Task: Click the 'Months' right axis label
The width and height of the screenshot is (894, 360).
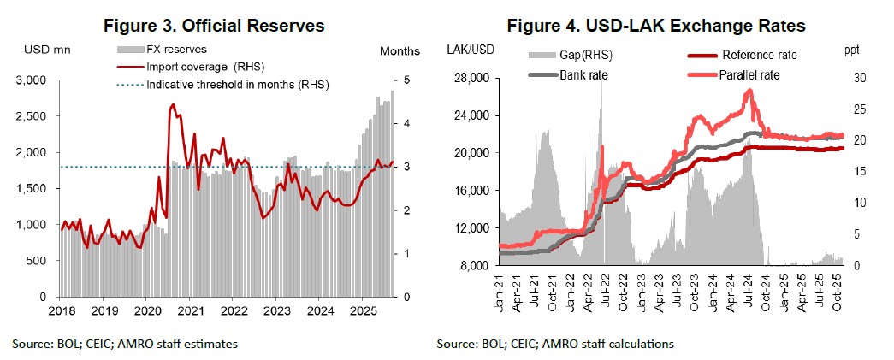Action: (x=399, y=51)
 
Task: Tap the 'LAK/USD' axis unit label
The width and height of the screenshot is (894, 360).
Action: (x=469, y=49)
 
